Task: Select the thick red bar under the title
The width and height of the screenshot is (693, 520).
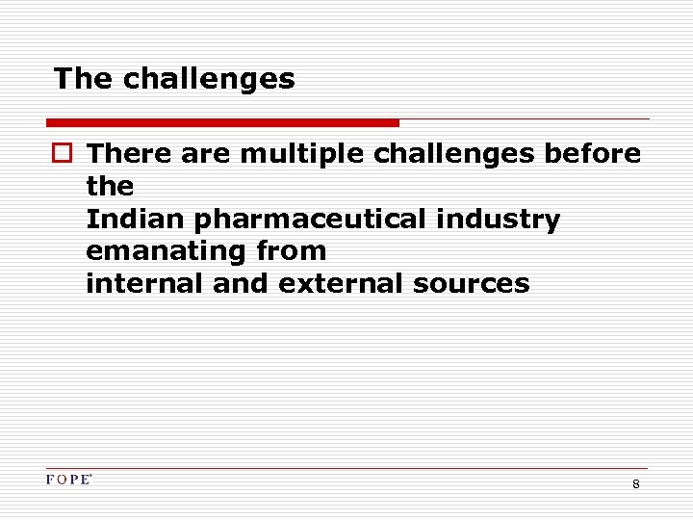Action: (222, 123)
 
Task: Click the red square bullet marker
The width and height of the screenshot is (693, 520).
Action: (64, 154)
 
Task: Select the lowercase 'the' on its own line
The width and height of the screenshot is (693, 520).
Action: (110, 186)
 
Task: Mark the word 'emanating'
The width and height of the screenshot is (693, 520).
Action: (167, 252)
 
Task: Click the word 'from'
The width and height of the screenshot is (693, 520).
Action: (293, 252)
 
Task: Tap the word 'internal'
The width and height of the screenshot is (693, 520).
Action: (143, 284)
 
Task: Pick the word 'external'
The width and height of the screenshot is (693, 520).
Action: (339, 284)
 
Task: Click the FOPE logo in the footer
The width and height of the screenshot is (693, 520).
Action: (68, 480)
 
